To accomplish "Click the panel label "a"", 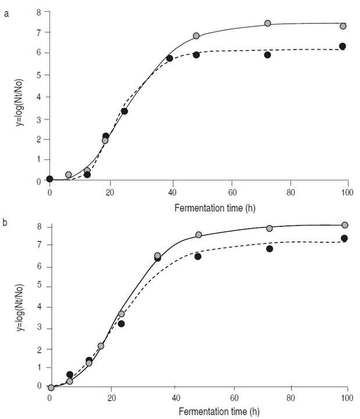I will (x=6, y=14).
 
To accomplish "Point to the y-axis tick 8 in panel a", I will (x=38, y=12).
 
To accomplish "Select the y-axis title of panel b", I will (x=20, y=303).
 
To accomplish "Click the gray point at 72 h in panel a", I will (x=268, y=23).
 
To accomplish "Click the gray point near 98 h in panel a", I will (x=343, y=26).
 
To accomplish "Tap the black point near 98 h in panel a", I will (x=343, y=46).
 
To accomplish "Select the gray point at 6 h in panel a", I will (x=68, y=175).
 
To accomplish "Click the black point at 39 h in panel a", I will (x=169, y=58).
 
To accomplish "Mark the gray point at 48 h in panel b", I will (x=198, y=235).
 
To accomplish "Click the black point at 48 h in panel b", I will (x=198, y=256).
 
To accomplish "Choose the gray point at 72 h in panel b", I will (x=269, y=228).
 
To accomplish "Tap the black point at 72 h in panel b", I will (x=270, y=248).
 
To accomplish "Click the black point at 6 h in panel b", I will (x=70, y=374).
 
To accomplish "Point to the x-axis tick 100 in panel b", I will (x=347, y=397).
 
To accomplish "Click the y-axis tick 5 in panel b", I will (x=39, y=287).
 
